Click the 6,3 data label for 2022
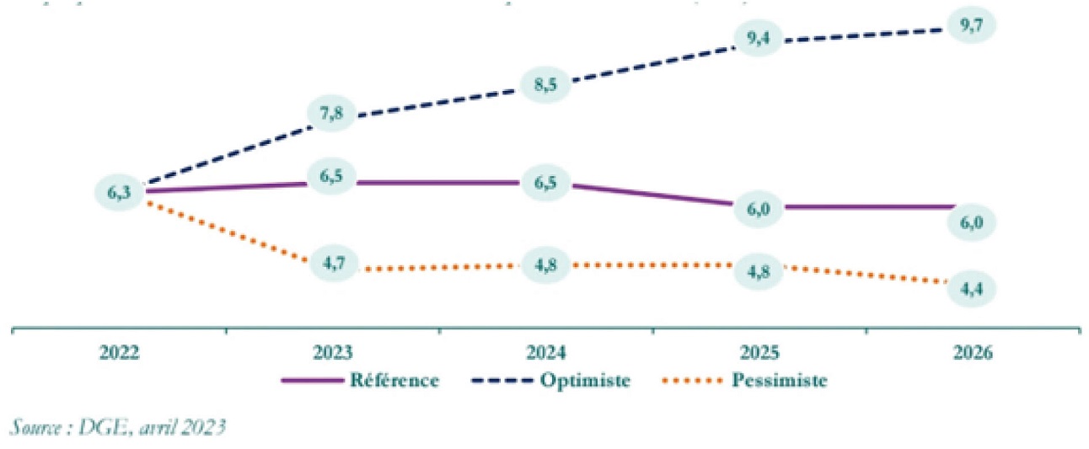point(118,192)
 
